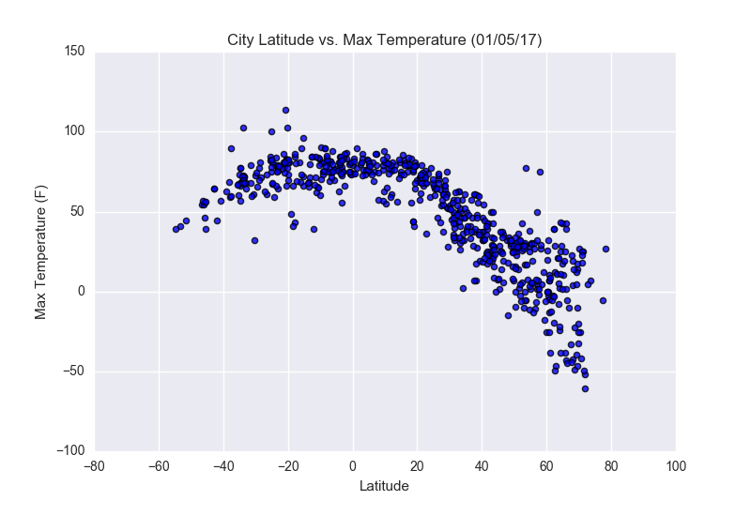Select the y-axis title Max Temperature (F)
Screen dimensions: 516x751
click(41, 251)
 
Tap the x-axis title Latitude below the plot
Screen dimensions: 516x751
click(385, 487)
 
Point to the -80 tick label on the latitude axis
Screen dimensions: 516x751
click(94, 466)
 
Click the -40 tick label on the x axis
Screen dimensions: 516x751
click(223, 466)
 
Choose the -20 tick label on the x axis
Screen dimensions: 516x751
click(288, 466)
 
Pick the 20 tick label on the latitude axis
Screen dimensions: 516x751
click(417, 466)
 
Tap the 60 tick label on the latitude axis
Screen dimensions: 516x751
click(546, 466)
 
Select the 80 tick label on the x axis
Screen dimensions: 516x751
click(611, 466)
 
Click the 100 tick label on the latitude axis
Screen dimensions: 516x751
click(675, 466)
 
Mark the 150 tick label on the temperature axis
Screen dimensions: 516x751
click(73, 52)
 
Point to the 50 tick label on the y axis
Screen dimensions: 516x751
click(77, 211)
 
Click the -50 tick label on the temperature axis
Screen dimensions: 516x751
click(72, 372)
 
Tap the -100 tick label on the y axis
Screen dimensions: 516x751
click(69, 451)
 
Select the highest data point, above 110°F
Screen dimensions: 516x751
click(285, 110)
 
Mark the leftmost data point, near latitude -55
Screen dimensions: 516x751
click(176, 229)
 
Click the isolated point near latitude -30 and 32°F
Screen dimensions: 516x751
click(254, 240)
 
